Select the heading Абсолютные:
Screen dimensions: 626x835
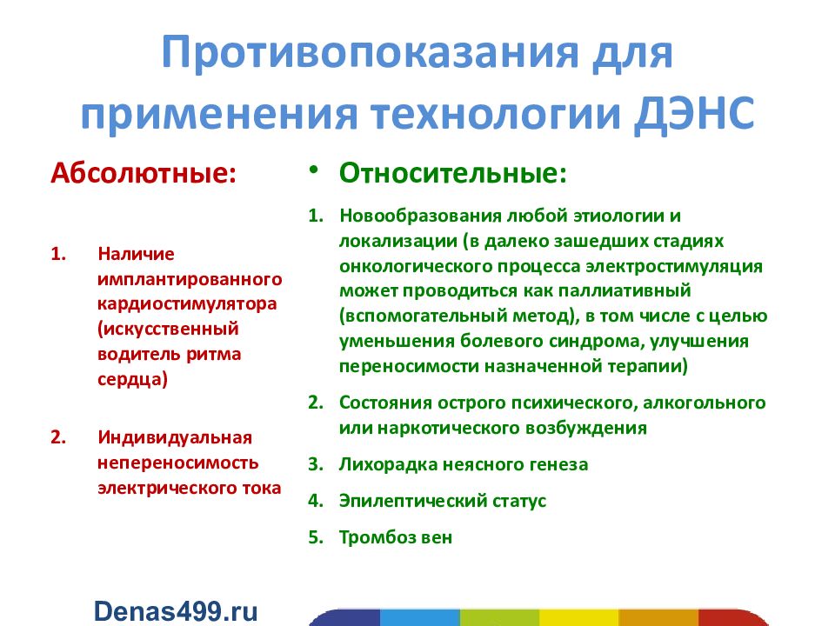coord(144,171)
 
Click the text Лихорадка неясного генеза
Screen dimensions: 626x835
coord(464,464)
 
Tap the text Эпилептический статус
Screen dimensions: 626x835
coord(443,502)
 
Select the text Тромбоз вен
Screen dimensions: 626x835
coord(396,537)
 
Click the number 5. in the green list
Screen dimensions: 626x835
coord(315,537)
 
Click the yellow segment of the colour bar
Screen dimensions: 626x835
coord(578,616)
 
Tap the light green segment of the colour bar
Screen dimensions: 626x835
coord(499,616)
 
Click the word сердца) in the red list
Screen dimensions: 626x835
coord(132,380)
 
